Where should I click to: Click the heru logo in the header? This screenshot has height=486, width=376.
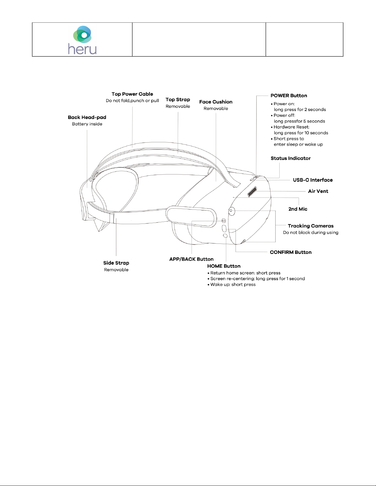82,40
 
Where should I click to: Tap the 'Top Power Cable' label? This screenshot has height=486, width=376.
132,94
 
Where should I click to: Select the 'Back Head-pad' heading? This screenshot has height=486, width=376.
87,117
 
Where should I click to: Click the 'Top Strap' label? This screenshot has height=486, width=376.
178,100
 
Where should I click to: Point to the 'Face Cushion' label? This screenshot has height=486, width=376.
216,102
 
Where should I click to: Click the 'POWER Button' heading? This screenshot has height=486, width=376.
289,96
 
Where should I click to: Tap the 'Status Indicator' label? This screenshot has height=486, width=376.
290,158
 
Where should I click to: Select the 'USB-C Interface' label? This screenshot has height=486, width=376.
312,180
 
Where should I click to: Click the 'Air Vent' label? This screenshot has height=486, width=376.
318,191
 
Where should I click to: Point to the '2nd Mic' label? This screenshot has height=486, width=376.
298,209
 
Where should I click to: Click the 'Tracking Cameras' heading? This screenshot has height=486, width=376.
310,226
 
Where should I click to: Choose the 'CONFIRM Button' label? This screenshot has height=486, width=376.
290,252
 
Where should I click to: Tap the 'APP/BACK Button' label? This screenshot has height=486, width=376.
191,259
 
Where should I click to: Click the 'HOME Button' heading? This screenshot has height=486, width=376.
224,266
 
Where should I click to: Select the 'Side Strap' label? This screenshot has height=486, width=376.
116,263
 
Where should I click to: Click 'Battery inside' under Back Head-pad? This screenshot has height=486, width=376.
87,124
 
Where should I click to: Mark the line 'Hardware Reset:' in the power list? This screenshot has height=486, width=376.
291,127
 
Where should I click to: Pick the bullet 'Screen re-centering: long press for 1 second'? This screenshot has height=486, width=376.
258,279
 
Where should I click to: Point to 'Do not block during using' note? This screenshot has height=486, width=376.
310,232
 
